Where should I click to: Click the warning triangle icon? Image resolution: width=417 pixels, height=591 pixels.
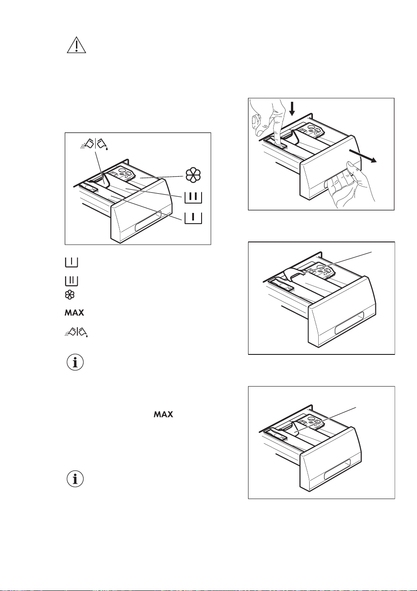76,46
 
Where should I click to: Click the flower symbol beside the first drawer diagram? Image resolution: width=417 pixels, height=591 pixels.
193,175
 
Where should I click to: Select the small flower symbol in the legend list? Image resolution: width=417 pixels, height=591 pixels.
70,295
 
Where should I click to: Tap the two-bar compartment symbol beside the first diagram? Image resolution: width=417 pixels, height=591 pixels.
194,197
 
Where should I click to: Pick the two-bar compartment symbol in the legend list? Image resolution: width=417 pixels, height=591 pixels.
71,280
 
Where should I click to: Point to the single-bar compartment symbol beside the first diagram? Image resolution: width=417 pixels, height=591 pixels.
194,218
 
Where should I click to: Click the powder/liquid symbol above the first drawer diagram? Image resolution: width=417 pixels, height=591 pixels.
95,145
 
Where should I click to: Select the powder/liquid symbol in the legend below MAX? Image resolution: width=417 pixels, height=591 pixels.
76,331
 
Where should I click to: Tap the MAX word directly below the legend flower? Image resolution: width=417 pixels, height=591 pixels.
75,313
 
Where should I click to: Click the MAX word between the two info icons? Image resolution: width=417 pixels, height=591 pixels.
164,414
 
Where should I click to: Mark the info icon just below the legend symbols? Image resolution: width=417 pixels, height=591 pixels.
75,363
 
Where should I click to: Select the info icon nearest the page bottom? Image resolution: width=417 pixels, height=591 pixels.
75,479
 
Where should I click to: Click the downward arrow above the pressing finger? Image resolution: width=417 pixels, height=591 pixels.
292,109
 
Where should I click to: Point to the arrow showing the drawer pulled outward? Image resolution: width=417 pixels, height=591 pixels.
362,156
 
